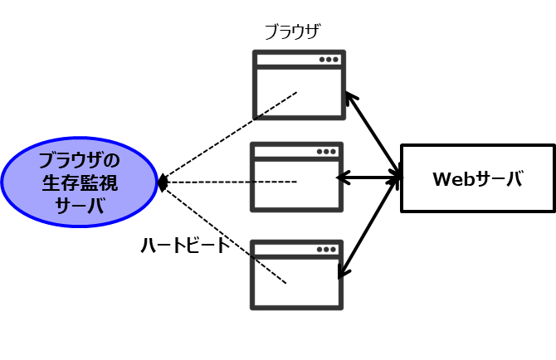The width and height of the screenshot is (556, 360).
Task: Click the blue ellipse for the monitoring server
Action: [x=79, y=182]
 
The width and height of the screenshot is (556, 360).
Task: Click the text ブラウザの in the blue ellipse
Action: [x=80, y=160]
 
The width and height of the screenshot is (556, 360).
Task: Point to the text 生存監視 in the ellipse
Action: [x=80, y=182]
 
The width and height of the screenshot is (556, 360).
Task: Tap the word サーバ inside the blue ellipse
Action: [x=80, y=205]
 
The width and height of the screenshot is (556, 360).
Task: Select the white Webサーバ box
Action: [x=477, y=178]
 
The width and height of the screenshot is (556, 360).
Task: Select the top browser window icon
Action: [x=299, y=85]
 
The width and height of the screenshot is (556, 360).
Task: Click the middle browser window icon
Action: [x=296, y=177]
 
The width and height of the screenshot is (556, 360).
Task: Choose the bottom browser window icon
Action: [x=296, y=275]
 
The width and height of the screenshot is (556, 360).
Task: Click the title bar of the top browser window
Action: [x=287, y=60]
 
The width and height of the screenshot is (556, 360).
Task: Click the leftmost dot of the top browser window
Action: [x=323, y=60]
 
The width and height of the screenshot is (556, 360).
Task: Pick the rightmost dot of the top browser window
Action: [x=336, y=60]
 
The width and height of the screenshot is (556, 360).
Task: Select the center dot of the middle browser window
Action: [x=327, y=152]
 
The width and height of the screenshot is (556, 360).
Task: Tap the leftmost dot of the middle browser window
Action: [x=320, y=152]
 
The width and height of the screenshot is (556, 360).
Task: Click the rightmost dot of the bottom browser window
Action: [x=334, y=249]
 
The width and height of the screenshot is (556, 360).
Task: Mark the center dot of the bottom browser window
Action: [x=327, y=249]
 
